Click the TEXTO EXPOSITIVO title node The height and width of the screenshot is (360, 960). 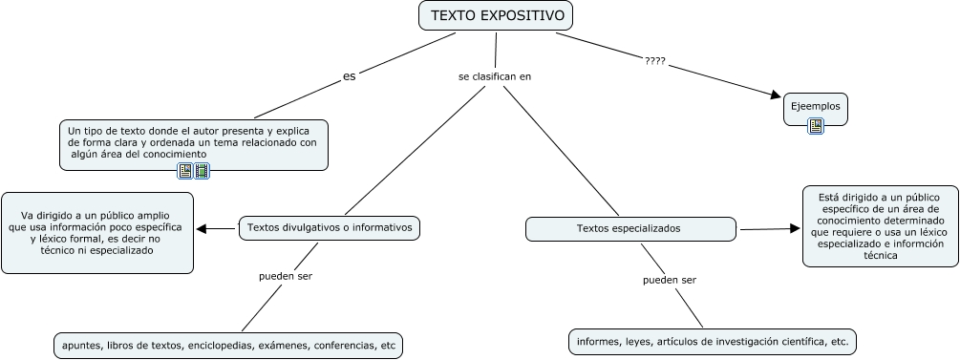496,15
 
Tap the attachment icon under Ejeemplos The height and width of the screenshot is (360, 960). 816,126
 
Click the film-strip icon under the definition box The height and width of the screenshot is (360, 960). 202,171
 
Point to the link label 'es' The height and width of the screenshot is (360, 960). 349,76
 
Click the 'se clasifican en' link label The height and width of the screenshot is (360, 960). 495,76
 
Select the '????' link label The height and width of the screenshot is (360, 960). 655,60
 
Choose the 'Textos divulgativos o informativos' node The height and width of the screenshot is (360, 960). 330,228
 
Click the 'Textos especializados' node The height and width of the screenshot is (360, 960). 630,229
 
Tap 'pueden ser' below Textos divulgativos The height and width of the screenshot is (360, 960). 286,276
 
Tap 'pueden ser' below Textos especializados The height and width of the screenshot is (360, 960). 670,280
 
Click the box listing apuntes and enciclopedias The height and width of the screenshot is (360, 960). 228,346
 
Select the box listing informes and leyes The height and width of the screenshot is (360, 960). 713,342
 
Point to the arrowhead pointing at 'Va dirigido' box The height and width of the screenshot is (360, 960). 203,229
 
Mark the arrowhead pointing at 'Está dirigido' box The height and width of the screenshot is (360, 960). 795,228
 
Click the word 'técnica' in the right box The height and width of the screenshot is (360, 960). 881,256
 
